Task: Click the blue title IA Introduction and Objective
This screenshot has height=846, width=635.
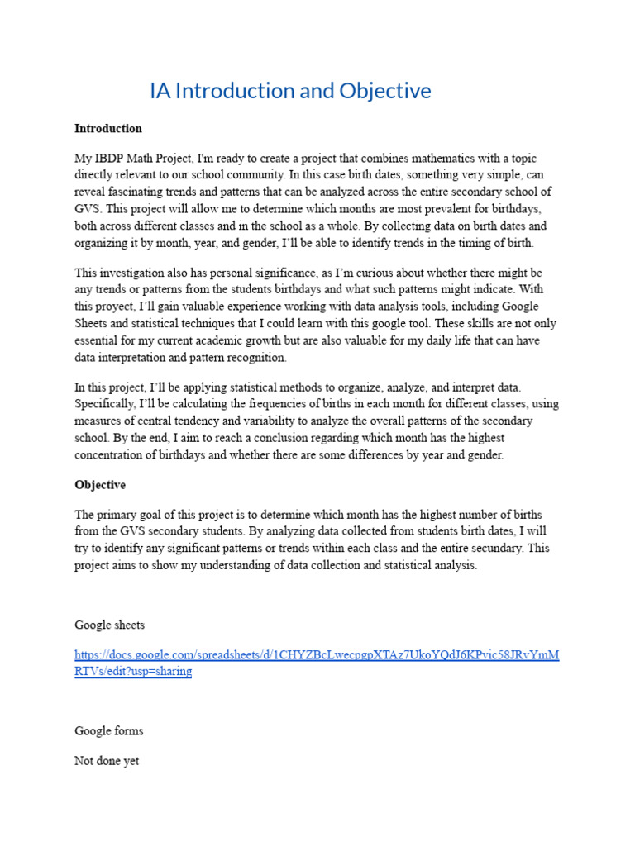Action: [290, 91]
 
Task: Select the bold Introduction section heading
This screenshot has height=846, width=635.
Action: [107, 129]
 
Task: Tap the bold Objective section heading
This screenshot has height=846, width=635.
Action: [100, 485]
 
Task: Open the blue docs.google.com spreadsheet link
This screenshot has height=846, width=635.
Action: [317, 655]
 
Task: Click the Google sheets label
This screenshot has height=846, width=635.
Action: [109, 625]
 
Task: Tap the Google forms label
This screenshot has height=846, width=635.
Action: [108, 731]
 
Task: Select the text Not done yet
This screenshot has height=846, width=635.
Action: [107, 761]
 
